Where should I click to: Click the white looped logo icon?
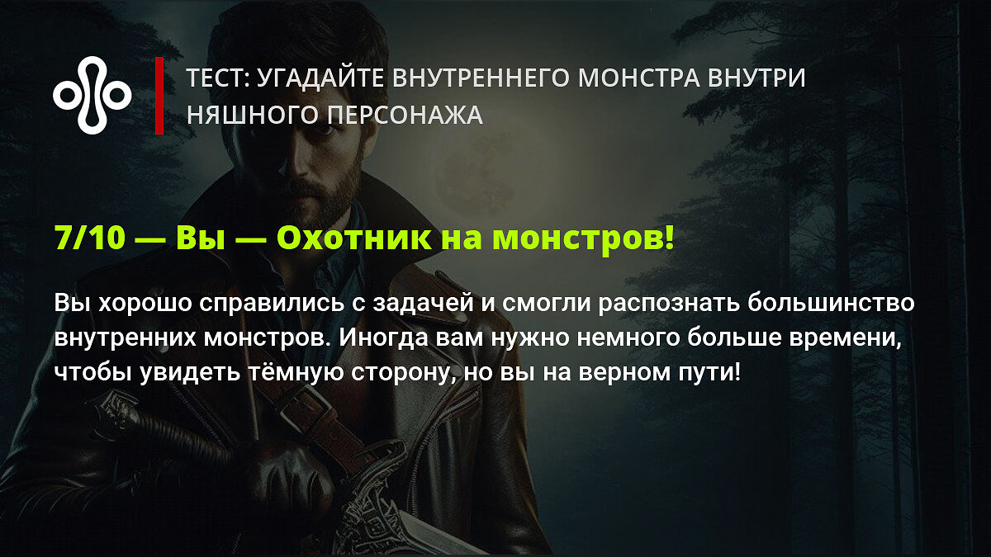coord(92,95)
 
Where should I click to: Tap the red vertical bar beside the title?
coord(159,96)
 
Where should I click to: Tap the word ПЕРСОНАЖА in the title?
coord(405,115)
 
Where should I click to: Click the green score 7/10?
coord(90,238)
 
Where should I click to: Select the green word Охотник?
coord(353,238)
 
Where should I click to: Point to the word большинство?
coord(831,304)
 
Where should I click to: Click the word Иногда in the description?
coord(383,338)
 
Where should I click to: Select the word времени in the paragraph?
coord(845,338)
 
